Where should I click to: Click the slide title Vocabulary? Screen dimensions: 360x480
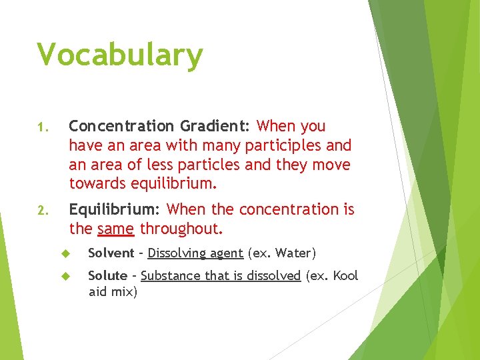(x=120, y=56)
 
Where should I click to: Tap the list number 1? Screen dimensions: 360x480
(x=41, y=127)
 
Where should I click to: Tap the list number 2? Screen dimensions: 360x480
(x=41, y=211)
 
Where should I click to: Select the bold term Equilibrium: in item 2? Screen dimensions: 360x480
(x=114, y=209)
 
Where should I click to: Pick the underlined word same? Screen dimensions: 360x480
(x=116, y=229)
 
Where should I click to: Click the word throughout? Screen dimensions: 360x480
(x=181, y=229)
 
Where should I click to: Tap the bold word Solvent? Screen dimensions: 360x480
(x=111, y=253)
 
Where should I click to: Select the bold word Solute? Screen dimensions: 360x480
(x=107, y=276)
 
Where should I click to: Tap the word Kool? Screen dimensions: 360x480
(x=345, y=276)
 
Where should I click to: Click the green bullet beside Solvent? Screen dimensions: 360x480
(x=65, y=253)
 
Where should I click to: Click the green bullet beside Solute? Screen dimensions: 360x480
(x=65, y=276)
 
